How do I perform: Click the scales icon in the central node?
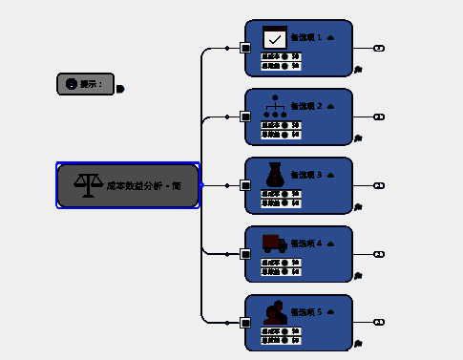coord(88,184)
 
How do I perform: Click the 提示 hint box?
coord(85,84)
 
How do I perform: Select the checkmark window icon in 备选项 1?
coord(275,37)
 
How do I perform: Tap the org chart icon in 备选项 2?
coord(275,106)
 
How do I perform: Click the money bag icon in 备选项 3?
coord(275,175)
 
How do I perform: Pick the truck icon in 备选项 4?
coord(275,243)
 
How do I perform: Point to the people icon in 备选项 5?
coord(275,312)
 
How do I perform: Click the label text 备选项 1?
coord(306,38)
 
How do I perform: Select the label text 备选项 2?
coord(306,107)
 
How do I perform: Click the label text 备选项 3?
coord(306,176)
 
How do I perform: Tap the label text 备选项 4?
coord(306,244)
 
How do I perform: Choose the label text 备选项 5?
coord(306,312)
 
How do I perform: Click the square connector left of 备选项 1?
coord(245,48)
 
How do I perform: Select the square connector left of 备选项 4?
coord(245,254)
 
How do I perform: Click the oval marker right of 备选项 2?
coord(379,116)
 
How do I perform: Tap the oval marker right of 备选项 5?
coord(379,323)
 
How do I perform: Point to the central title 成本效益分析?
coord(144,185)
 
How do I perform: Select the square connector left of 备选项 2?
coord(245,116)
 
